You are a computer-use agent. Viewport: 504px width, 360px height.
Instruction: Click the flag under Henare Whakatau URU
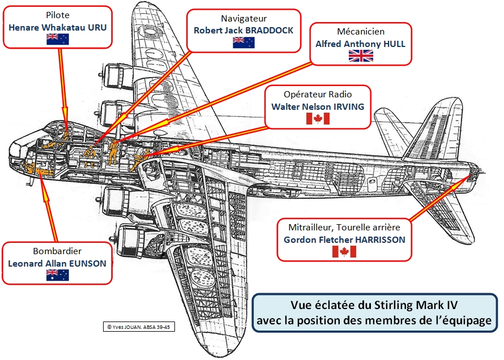(x=57, y=38)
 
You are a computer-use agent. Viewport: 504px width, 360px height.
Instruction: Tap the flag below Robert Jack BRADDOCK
(x=244, y=42)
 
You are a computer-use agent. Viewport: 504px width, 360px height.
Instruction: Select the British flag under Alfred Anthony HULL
(x=360, y=55)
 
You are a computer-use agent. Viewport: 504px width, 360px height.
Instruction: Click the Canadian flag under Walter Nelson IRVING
(x=318, y=118)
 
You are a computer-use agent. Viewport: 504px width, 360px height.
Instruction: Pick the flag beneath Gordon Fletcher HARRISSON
(x=344, y=251)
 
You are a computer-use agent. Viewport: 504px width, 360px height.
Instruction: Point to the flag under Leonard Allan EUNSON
(x=57, y=275)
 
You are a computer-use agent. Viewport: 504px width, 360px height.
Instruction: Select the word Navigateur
(x=244, y=19)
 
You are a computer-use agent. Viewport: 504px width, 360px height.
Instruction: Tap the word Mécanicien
(x=360, y=32)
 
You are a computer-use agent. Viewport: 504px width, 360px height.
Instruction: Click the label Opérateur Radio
(x=318, y=95)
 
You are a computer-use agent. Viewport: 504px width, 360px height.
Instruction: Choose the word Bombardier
(x=57, y=251)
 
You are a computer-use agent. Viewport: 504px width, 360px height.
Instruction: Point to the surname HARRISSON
(x=380, y=239)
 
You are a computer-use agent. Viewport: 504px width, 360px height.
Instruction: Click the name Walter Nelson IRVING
(x=318, y=106)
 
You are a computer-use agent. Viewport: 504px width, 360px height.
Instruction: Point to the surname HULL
(x=394, y=44)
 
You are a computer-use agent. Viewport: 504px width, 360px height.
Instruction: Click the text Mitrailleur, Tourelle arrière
(x=344, y=228)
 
